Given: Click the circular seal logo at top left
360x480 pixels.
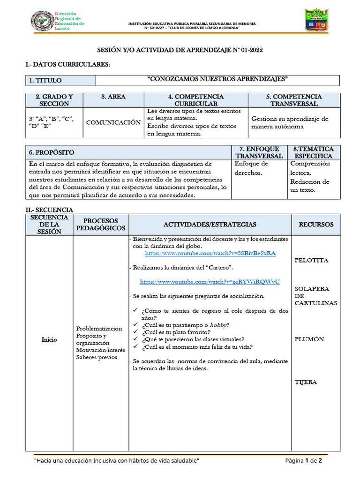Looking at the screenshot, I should (x=42, y=21).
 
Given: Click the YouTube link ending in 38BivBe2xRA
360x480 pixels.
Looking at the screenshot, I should (x=210, y=253).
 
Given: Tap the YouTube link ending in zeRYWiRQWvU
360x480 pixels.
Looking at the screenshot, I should (x=210, y=282).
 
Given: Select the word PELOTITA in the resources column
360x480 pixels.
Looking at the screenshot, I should (x=311, y=260).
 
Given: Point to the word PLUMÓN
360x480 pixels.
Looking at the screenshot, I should (x=309, y=339).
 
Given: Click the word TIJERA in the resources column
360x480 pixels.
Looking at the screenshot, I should (x=306, y=382).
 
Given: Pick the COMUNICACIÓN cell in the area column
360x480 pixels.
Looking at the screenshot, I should (x=113, y=122).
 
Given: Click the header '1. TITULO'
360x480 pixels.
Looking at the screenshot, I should (x=45, y=81).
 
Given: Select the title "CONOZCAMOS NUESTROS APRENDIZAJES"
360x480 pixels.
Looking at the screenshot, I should (x=217, y=79).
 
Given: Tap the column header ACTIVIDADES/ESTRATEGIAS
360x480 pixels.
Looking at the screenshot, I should (x=210, y=225).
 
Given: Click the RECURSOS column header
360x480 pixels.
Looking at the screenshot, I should (x=316, y=225).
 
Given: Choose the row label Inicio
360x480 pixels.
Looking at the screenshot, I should (x=49, y=339).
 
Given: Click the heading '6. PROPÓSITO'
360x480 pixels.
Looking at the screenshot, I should (x=52, y=152).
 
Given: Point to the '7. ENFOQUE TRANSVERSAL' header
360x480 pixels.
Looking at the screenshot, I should (x=259, y=152).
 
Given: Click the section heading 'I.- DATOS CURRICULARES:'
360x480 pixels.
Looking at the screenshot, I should (x=67, y=64).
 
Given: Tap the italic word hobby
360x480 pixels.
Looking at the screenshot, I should (x=218, y=325).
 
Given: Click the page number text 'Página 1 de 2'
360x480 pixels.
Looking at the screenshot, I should (x=304, y=461).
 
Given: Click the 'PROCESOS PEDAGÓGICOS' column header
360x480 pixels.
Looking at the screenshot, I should (x=101, y=225).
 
